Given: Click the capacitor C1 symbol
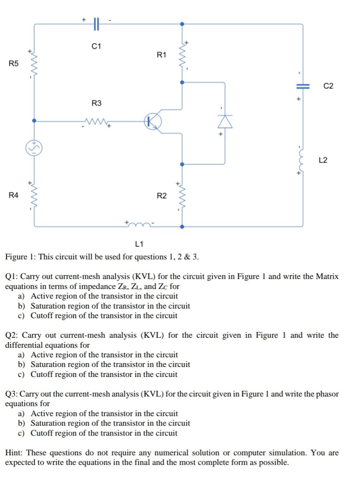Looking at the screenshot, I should (96, 24).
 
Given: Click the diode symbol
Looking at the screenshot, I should (225, 121).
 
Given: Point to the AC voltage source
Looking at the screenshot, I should (34, 148).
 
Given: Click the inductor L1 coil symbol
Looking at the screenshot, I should (140, 224).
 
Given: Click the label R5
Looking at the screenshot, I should (13, 63).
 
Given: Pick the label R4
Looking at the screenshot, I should (13, 195).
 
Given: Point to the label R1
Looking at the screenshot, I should (162, 55).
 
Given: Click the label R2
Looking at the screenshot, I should (162, 196).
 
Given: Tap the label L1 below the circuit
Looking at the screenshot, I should (139, 244).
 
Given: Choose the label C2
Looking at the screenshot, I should (329, 86).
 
